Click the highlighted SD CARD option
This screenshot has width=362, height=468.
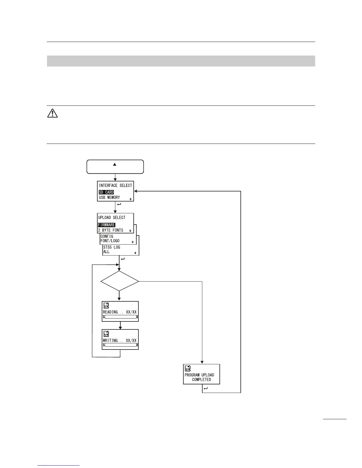(106, 192)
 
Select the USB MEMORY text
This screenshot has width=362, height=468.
(109, 197)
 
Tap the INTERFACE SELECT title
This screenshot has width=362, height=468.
(115, 186)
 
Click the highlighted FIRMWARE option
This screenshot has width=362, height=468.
(106, 225)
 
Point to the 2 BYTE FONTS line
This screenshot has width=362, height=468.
(111, 230)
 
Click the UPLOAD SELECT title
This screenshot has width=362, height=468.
(112, 217)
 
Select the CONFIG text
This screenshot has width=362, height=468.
(107, 236)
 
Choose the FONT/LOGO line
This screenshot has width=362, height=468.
(110, 241)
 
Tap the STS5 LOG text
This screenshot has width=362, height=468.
(111, 247)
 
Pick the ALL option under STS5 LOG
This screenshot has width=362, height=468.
(106, 252)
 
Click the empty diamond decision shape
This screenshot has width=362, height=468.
(119, 281)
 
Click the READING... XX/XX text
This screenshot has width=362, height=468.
(120, 312)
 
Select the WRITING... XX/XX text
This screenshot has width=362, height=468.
(120, 340)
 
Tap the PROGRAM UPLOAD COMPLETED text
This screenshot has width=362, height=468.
(200, 377)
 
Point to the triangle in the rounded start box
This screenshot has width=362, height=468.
(115, 164)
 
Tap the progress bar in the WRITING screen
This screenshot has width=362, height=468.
(120, 345)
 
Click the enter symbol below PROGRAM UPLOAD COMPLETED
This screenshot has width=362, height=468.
(206, 389)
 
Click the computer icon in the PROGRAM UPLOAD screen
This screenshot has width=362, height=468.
(188, 368)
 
